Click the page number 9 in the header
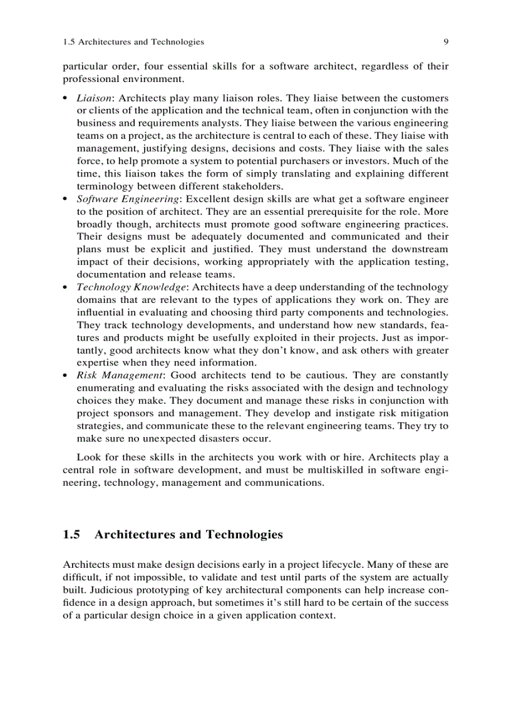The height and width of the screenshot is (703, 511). (x=445, y=42)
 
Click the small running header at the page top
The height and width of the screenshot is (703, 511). (x=133, y=42)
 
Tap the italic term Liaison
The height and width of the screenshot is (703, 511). (x=95, y=98)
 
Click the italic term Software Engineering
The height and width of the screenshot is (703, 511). (x=128, y=199)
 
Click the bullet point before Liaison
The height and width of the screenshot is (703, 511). (x=66, y=99)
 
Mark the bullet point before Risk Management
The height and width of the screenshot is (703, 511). (x=66, y=376)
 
